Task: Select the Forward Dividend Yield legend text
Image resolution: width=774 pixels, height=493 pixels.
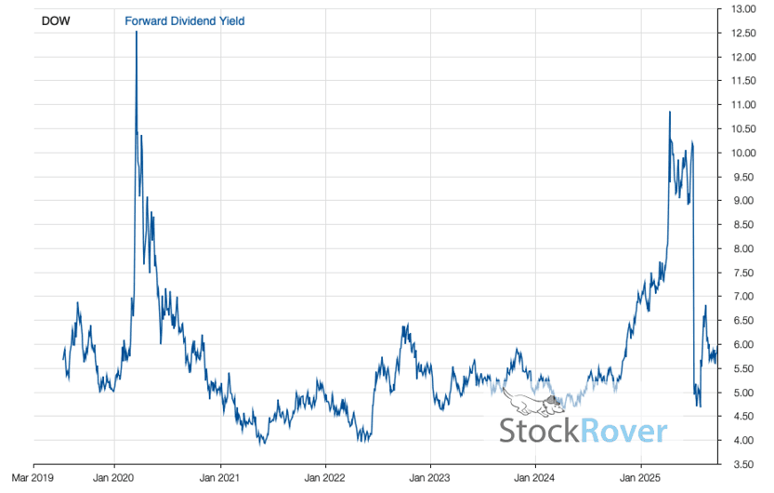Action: point(184,20)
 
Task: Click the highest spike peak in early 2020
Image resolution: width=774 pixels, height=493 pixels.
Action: point(137,33)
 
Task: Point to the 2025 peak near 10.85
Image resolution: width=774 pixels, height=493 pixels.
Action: point(669,113)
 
